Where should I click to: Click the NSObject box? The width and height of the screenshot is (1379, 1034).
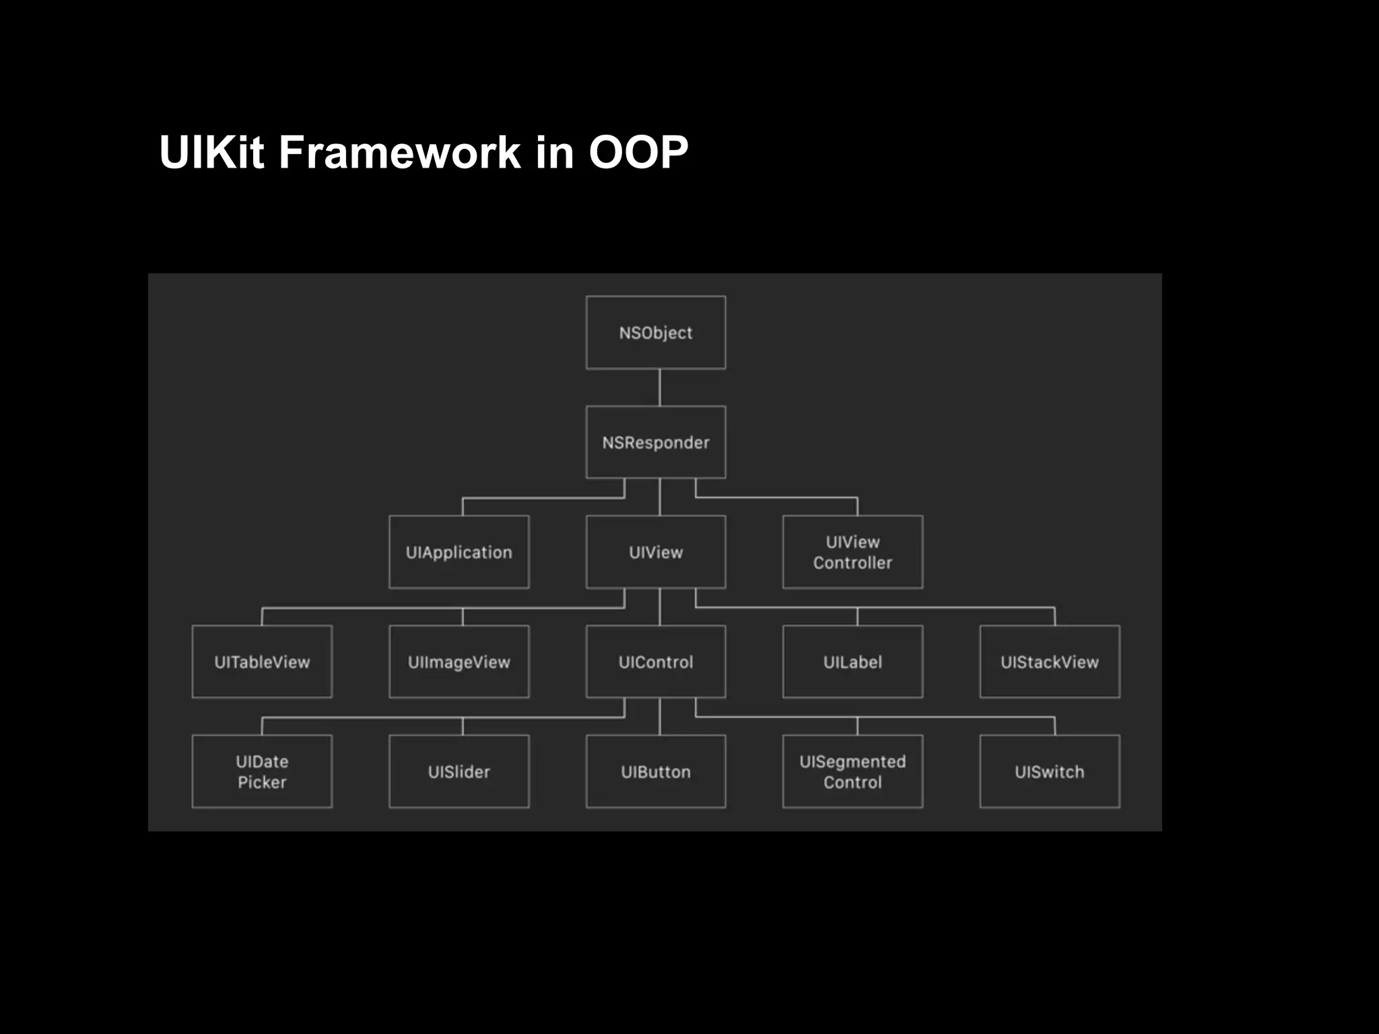coord(656,333)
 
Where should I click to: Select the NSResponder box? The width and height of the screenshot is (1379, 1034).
coord(656,442)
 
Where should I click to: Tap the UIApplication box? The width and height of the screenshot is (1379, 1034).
coord(459,552)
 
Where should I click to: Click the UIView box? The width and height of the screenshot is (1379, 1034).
coord(656,552)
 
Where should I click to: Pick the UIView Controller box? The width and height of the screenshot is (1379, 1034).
coord(852,552)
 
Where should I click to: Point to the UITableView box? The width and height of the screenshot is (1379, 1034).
coord(262,662)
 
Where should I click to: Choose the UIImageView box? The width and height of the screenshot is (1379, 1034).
coord(459,662)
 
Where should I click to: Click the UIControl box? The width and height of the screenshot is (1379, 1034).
coord(656,662)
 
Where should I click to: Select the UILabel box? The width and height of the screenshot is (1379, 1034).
coord(852,662)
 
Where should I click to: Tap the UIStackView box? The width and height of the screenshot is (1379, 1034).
coord(1050,662)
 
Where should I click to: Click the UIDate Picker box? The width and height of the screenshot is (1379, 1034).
coord(262,771)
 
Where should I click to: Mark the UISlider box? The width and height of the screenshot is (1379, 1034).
coord(459,771)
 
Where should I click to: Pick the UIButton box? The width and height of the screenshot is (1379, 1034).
coord(656,771)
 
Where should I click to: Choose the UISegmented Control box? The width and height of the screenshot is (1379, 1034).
coord(852,771)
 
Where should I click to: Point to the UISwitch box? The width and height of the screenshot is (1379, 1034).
coord(1050,771)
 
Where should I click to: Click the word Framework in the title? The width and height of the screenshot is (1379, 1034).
coord(399,152)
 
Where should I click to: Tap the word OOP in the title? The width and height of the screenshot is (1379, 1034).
coord(638,152)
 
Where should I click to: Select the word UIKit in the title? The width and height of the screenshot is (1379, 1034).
coord(211,152)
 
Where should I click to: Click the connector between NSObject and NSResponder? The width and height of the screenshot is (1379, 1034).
coord(659,387)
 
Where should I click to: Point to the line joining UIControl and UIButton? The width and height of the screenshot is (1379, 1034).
coord(659,716)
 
